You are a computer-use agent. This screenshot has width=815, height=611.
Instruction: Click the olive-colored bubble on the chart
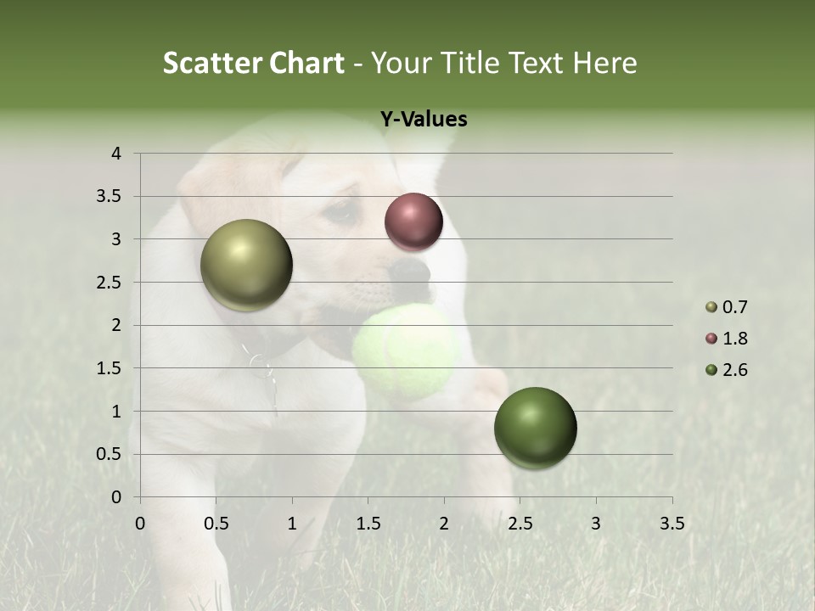pyautogui.click(x=246, y=265)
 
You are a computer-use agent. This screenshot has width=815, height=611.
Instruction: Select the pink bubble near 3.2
pyautogui.click(x=413, y=221)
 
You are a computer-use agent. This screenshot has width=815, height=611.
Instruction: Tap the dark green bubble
pyautogui.click(x=535, y=428)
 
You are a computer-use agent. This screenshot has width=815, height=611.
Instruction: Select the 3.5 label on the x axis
pyautogui.click(x=672, y=524)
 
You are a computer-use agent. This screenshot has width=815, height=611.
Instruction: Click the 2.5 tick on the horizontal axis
pyautogui.click(x=520, y=524)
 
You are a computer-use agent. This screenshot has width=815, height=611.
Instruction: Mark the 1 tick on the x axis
pyautogui.click(x=292, y=524)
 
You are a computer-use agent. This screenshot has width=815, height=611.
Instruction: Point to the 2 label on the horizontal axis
pyautogui.click(x=444, y=524)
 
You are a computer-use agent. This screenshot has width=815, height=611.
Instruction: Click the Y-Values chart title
pyautogui.click(x=424, y=119)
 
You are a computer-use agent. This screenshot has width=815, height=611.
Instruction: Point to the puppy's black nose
pyautogui.click(x=412, y=271)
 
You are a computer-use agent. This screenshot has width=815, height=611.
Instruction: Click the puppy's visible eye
pyautogui.click(x=342, y=213)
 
